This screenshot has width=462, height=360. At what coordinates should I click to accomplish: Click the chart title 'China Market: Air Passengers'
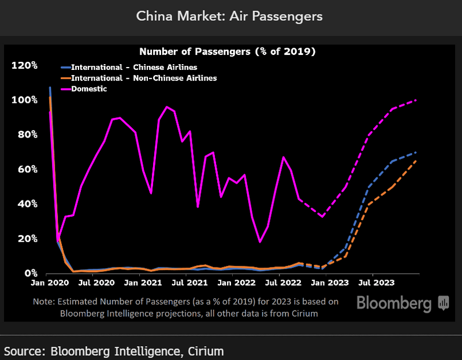(x=229, y=16)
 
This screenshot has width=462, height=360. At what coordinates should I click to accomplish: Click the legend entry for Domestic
(x=89, y=88)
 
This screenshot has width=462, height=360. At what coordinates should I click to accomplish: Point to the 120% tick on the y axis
(x=25, y=65)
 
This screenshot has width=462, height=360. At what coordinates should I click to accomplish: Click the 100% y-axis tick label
(x=25, y=100)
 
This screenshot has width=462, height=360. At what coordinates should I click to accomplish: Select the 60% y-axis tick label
(x=27, y=169)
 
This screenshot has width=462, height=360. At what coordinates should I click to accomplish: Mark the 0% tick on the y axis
(x=29, y=273)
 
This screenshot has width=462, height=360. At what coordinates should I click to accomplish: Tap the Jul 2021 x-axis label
(x=188, y=283)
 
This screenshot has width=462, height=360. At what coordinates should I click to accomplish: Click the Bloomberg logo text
(x=394, y=303)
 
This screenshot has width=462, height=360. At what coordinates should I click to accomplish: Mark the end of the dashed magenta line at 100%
(x=416, y=101)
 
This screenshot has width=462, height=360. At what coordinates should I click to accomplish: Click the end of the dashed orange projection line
(x=416, y=161)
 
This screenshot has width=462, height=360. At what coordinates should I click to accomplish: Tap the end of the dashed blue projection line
(x=416, y=153)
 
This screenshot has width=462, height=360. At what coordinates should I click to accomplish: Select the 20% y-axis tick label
(x=27, y=239)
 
